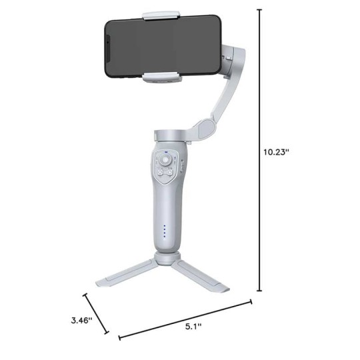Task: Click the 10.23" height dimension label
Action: click(275, 152)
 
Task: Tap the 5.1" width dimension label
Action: click(193, 326)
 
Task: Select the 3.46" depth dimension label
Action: click(82, 320)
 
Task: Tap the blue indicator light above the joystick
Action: click(166, 152)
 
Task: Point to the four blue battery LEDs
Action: click(165, 231)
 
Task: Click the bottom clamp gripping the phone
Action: click(161, 77)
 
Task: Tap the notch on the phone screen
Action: click(107, 48)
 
